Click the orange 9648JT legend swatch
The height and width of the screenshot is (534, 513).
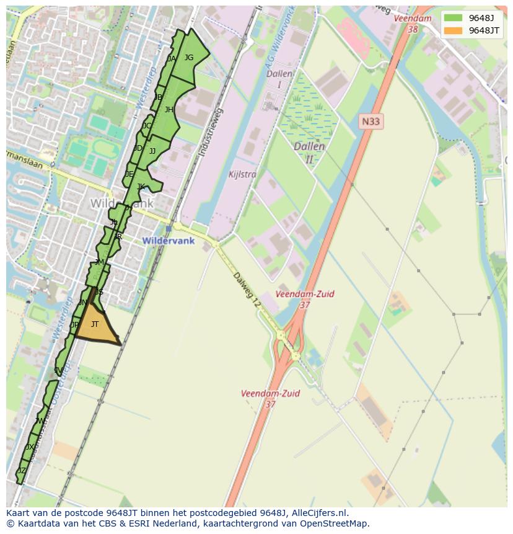pos(452,30)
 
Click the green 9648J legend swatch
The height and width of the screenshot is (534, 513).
pos(452,17)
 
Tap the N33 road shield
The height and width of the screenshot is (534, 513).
pos(370,122)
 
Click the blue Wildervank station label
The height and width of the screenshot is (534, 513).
pos(168,241)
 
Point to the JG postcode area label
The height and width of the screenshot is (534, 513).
pos(189,58)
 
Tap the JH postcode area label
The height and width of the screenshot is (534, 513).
pos(169,110)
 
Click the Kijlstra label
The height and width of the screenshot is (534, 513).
pos(242,174)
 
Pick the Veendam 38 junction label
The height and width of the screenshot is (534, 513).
pos(413,24)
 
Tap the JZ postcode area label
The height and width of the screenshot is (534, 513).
pos(22,471)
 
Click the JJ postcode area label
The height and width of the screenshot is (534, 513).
pos(152,151)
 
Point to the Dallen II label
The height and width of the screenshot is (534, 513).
pos(309,153)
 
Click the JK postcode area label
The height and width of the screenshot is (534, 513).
pos(141,187)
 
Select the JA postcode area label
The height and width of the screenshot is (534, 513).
pos(172,59)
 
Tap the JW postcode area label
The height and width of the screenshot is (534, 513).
pos(40,421)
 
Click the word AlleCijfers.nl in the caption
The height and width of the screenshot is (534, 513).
pos(320,513)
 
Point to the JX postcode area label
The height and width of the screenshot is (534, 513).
pos(30,447)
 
